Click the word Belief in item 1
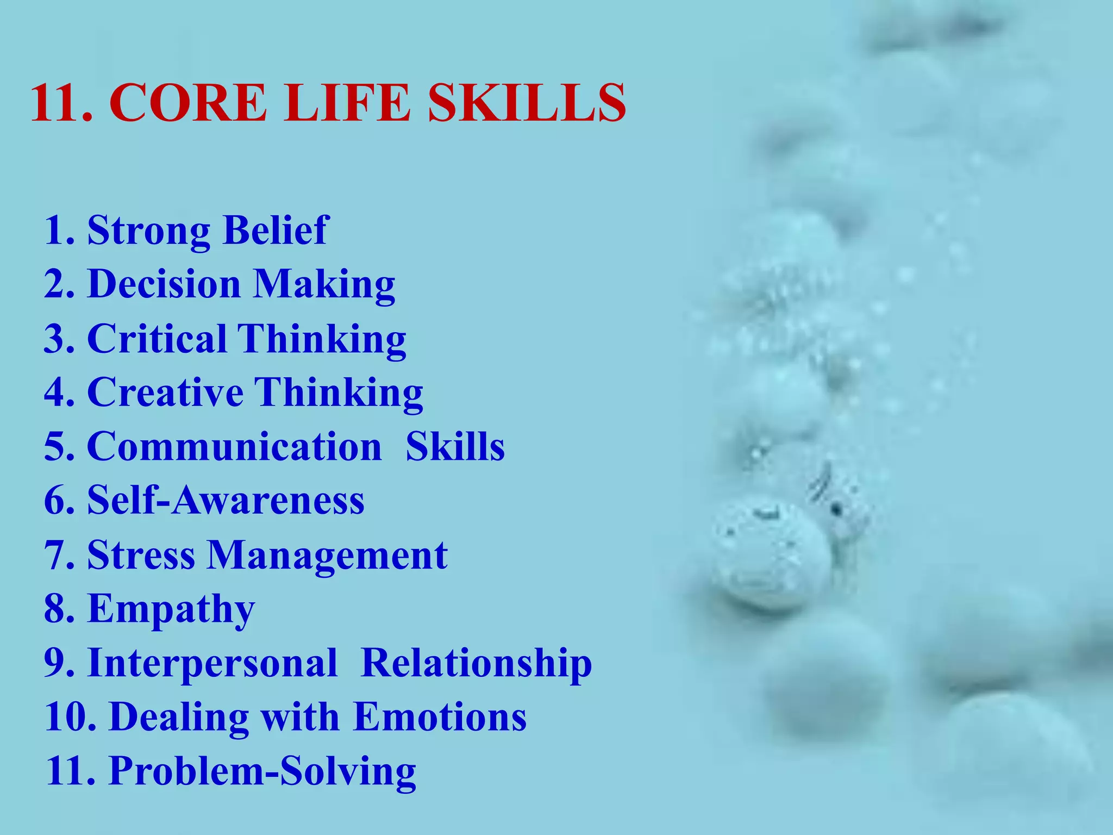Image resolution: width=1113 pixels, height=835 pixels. coord(276,230)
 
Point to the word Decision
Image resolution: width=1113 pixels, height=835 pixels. coord(164,284)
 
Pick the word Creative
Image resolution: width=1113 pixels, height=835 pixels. coord(165,392)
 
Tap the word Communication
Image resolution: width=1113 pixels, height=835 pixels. coord(235,446)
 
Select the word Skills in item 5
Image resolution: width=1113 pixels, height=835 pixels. coord(455,446)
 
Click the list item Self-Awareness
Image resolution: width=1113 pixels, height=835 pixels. coord(226,500)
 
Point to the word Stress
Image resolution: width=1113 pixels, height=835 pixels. coord(141,555)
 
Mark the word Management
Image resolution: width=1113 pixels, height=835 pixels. coord(327,556)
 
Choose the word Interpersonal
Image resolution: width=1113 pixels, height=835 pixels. coord(212,664)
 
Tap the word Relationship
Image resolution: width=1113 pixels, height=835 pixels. coord(476,664)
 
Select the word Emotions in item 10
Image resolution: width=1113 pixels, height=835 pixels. coord(440,717)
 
